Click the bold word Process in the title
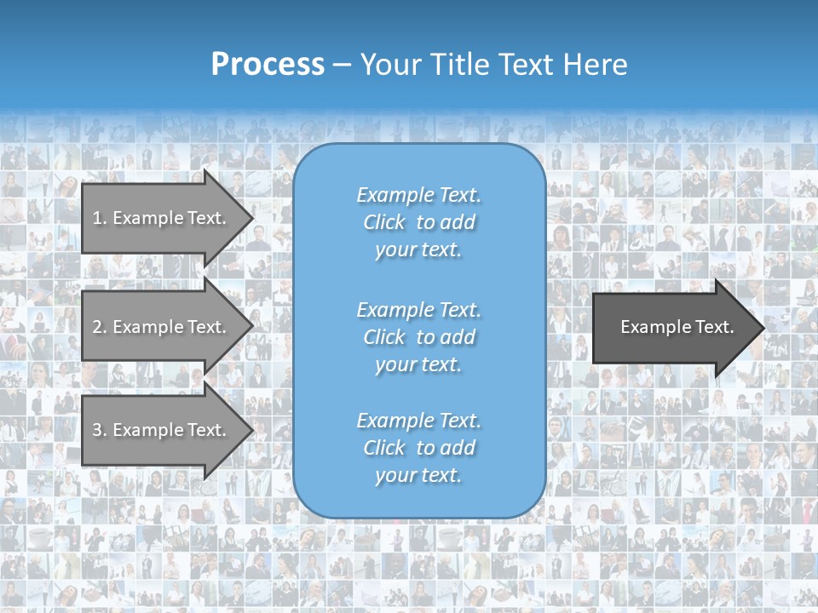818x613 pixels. pos(268,65)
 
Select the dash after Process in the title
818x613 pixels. pos(342,66)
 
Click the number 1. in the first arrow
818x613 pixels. pos(100,218)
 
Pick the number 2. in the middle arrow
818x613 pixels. pos(100,327)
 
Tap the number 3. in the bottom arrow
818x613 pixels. pos(100,430)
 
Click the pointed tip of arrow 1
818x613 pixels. pos(251,218)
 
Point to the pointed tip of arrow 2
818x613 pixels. pos(251,326)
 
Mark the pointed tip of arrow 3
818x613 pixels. pos(251,430)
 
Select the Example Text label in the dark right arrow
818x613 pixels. pos(677,327)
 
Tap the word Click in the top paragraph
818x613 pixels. pos(384,223)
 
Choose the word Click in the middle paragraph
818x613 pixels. pos(384,338)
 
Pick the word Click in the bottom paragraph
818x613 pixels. pos(384,449)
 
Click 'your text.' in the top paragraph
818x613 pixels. pos(418,250)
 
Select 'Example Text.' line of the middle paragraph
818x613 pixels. pos(418,310)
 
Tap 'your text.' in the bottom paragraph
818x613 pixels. pos(418,476)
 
